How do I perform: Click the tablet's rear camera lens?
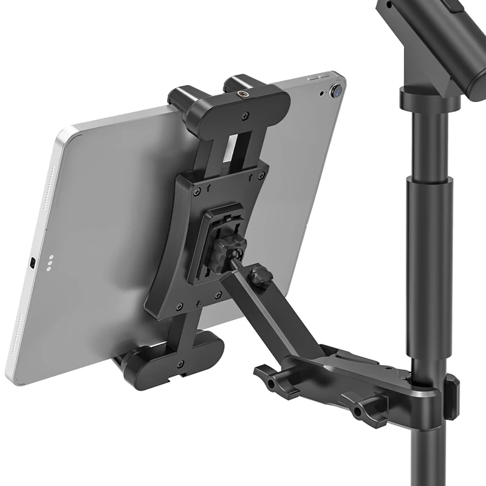tap(335, 92)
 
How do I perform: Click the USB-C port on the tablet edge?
tap(32, 263)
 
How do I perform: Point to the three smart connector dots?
tap(50, 263)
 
